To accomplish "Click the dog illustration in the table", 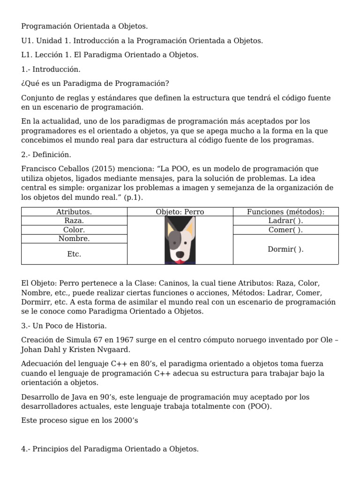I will [180, 240].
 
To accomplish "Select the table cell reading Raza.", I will [74, 221].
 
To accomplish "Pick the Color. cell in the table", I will [74, 230].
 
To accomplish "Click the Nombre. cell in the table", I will [74, 239].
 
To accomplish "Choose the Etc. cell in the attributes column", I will [74, 254].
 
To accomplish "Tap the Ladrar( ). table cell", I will [285, 221].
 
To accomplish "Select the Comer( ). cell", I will [285, 230].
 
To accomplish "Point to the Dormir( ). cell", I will [285, 249].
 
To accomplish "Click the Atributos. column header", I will [74, 212].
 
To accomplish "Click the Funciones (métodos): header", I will [285, 212].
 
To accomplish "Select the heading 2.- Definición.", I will [46, 155].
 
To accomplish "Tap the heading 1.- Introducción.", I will [51, 69].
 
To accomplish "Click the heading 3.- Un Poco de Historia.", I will [64, 326].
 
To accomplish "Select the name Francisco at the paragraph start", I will [38, 169].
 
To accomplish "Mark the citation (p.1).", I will [134, 198].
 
